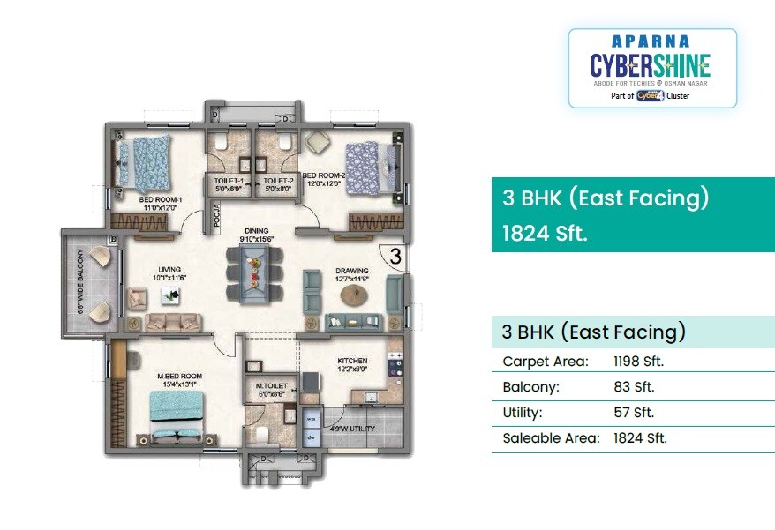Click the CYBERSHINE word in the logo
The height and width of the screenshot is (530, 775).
tap(650, 64)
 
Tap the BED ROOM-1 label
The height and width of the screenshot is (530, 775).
tap(160, 199)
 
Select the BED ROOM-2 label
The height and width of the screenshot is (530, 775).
tap(323, 175)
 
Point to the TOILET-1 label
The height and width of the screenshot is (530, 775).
tap(228, 179)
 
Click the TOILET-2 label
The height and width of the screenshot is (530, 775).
tap(277, 179)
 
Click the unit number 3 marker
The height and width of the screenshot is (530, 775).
tap(395, 258)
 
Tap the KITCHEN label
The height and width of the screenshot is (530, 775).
tap(352, 361)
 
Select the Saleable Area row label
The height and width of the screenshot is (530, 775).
tap(551, 437)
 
